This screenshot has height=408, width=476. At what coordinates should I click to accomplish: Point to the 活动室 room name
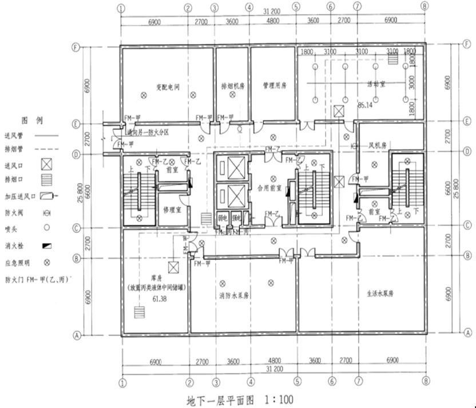376,84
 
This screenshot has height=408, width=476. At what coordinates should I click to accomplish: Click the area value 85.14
365,105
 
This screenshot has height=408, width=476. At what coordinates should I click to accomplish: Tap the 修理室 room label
172,209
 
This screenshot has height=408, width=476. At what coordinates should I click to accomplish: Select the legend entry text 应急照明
16,265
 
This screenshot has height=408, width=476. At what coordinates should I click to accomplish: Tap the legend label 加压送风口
19,195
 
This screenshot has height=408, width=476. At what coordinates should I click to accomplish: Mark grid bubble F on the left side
75,47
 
